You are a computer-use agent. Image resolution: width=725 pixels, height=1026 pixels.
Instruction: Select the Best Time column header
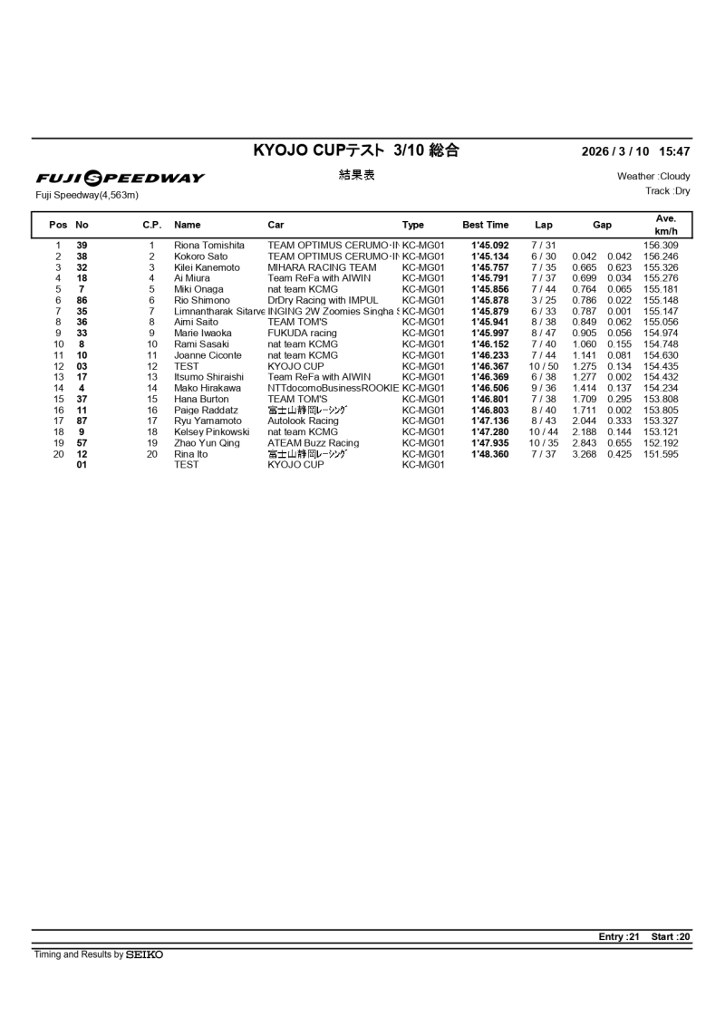pyautogui.click(x=486, y=225)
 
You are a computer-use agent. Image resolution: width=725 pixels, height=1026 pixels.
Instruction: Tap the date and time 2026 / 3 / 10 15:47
pyautogui.click(x=635, y=152)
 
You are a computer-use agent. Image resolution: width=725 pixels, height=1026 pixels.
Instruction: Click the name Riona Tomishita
pyautogui.click(x=209, y=246)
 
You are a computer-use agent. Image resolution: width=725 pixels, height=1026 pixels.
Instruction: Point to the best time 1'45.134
pyautogui.click(x=490, y=256)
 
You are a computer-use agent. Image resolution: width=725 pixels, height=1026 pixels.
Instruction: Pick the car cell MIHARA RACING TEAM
pyautogui.click(x=322, y=267)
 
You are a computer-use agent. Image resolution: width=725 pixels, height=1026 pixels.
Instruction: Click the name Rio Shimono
pyautogui.click(x=202, y=300)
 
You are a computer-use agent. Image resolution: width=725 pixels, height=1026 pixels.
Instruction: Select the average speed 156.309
pyautogui.click(x=661, y=246)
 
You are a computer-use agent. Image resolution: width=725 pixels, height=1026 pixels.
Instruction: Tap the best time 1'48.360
pyautogui.click(x=490, y=454)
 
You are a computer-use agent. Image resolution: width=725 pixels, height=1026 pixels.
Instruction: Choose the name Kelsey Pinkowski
pyautogui.click(x=211, y=432)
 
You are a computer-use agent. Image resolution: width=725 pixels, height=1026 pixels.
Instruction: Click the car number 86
pyautogui.click(x=82, y=300)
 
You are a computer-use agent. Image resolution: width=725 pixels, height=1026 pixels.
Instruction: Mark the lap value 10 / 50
pyautogui.click(x=544, y=366)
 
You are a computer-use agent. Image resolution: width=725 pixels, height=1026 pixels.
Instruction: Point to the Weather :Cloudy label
pyautogui.click(x=653, y=177)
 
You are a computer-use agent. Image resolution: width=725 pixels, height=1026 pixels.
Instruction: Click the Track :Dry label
pyautogui.click(x=667, y=191)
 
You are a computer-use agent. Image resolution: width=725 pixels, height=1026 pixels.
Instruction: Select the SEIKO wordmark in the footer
pyautogui.click(x=145, y=954)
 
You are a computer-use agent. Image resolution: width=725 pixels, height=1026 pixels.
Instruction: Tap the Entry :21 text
pyautogui.click(x=621, y=937)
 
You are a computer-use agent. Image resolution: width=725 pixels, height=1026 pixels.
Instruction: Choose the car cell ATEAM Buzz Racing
pyautogui.click(x=314, y=443)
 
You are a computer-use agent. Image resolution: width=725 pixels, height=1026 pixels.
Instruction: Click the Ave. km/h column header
pyautogui.click(x=666, y=226)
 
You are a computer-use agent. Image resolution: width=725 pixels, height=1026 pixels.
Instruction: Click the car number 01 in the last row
pyautogui.click(x=82, y=465)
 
